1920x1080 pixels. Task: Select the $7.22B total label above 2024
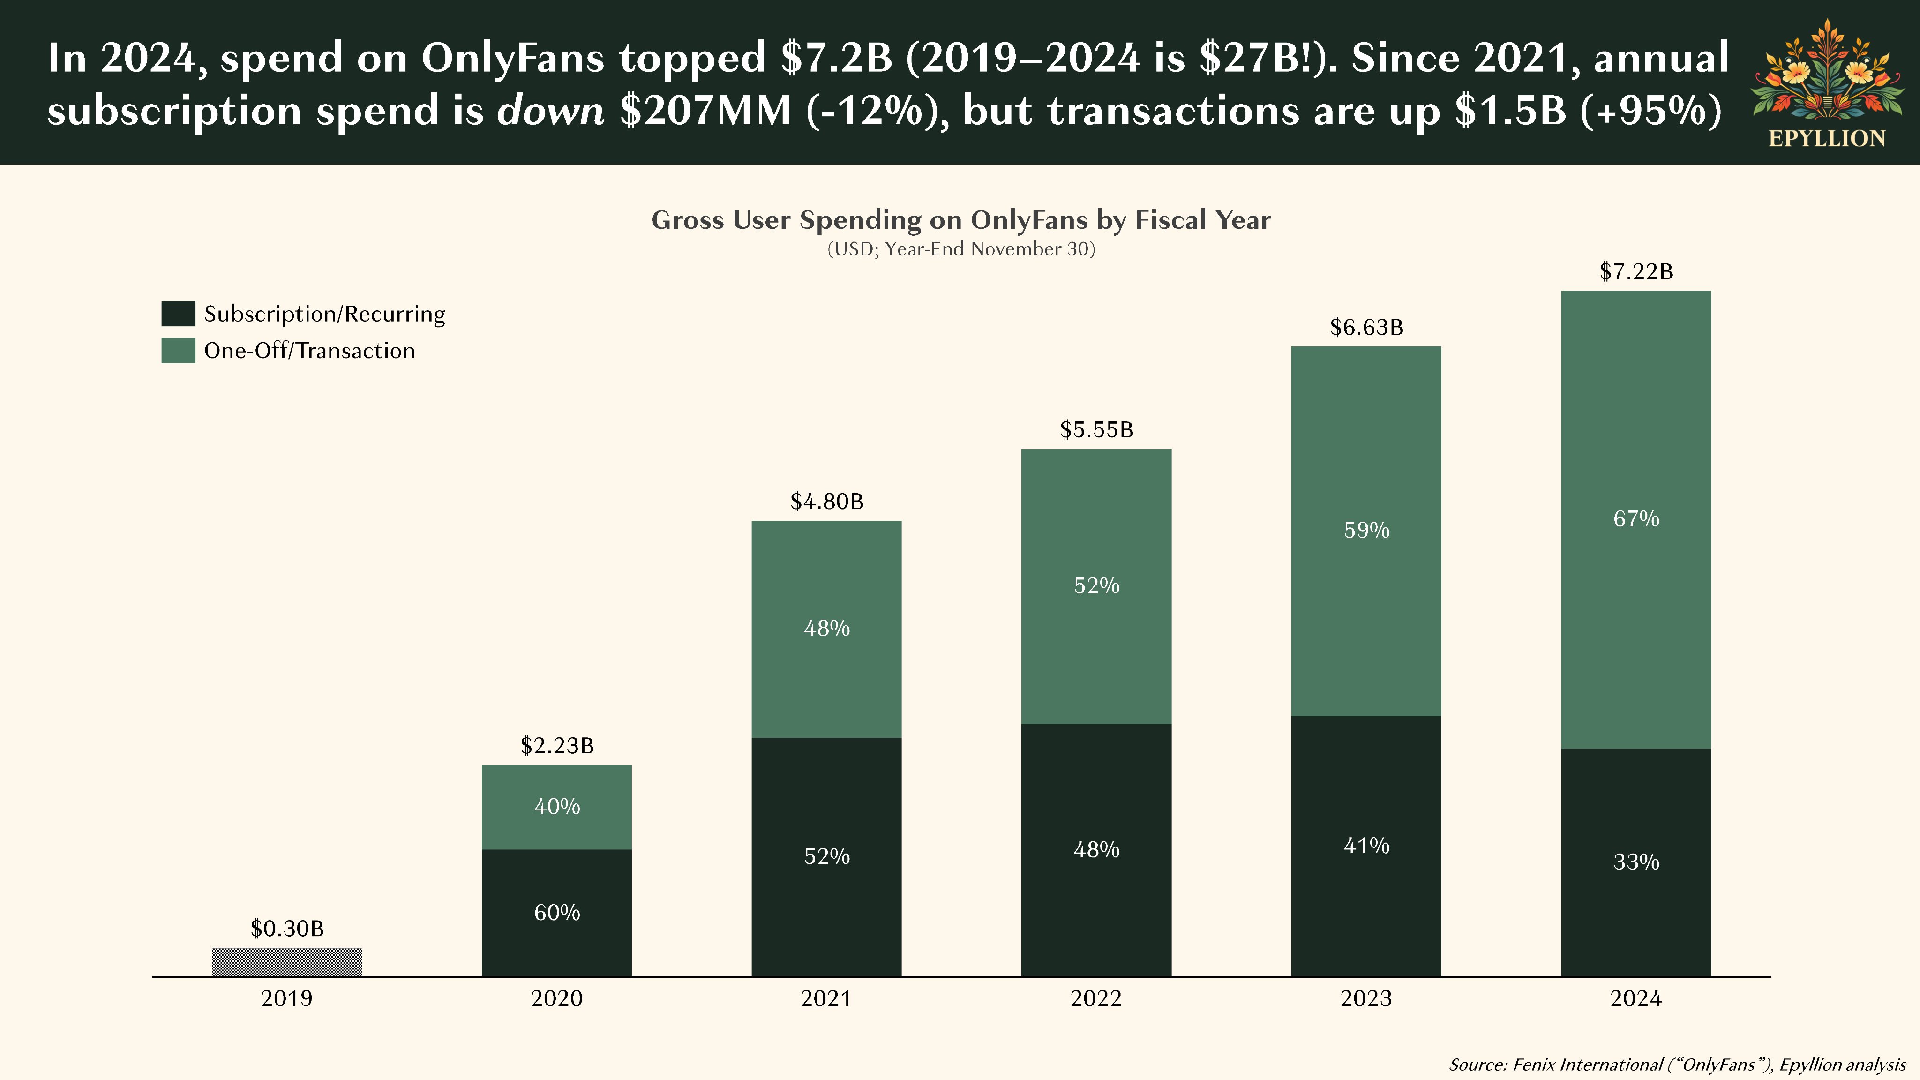click(x=1636, y=271)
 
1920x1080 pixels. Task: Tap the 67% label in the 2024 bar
click(x=1636, y=519)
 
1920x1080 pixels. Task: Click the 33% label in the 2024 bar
click(x=1636, y=862)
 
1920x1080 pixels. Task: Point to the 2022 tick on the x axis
click(x=1095, y=999)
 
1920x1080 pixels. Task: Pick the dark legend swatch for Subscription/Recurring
click(x=178, y=314)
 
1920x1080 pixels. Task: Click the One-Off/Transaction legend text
click(x=309, y=351)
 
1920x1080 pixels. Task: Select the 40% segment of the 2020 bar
click(x=557, y=806)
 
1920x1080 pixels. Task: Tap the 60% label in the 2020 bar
click(x=557, y=913)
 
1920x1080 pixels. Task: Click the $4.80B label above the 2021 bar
click(x=826, y=502)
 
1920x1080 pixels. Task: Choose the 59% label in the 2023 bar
click(x=1366, y=531)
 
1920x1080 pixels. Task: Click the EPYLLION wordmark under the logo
click(x=1827, y=139)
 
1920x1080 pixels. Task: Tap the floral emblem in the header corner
click(x=1827, y=71)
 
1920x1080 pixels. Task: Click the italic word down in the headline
click(x=550, y=110)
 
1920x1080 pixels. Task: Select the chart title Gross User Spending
click(x=961, y=220)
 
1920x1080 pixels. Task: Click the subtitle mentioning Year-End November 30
click(x=961, y=249)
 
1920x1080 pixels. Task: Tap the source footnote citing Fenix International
click(x=1677, y=1065)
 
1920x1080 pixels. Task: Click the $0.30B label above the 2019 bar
click(x=287, y=929)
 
